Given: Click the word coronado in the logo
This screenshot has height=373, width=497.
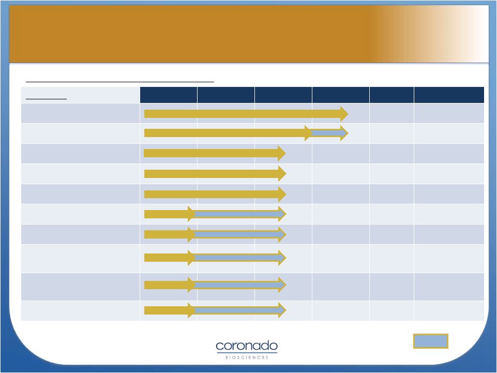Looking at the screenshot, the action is (247, 346).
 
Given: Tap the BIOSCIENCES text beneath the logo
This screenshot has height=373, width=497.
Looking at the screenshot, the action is (247, 357).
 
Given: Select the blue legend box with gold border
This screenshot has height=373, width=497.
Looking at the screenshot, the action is (430, 341).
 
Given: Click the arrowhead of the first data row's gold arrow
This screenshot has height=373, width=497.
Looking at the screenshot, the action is (344, 113).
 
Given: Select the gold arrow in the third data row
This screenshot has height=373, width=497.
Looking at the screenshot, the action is (215, 153).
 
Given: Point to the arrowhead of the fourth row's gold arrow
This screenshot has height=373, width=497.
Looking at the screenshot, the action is (282, 173).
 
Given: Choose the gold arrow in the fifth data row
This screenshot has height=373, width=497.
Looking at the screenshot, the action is (215, 194).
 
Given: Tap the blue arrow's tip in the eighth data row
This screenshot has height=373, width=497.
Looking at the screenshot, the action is (286, 258).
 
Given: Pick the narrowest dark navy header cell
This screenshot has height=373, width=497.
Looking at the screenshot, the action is (392, 95).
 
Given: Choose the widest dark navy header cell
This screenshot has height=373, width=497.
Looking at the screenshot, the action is (449, 95).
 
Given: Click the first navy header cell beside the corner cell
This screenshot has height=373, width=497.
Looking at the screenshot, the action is (169, 95).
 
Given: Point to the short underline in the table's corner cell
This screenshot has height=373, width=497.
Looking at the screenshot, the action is (46, 99).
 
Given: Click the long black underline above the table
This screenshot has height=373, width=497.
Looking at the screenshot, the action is (120, 82).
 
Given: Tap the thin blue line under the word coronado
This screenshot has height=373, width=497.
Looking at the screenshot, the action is (247, 352).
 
